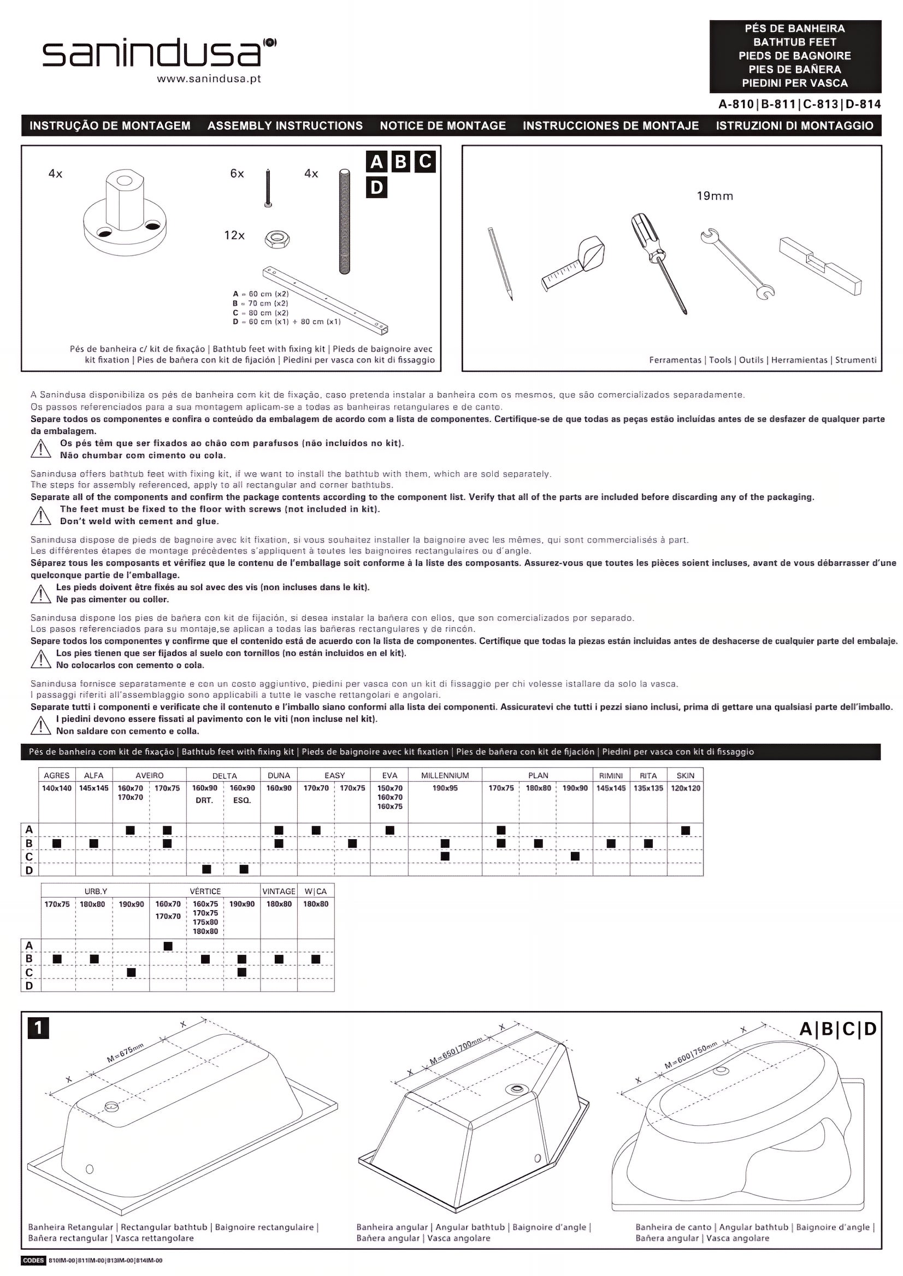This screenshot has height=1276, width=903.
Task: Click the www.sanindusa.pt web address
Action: (x=209, y=79)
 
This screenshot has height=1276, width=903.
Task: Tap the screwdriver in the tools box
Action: (x=659, y=263)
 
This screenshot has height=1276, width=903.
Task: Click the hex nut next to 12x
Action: (x=276, y=239)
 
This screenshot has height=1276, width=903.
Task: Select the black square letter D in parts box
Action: (x=376, y=188)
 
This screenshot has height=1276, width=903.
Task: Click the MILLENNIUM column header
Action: (x=445, y=775)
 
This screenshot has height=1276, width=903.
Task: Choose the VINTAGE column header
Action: (x=279, y=892)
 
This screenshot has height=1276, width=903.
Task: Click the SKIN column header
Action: (x=685, y=775)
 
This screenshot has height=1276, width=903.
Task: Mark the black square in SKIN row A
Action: (x=685, y=830)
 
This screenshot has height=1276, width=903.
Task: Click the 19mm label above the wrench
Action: (x=715, y=196)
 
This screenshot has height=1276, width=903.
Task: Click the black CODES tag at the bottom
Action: (x=33, y=1260)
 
